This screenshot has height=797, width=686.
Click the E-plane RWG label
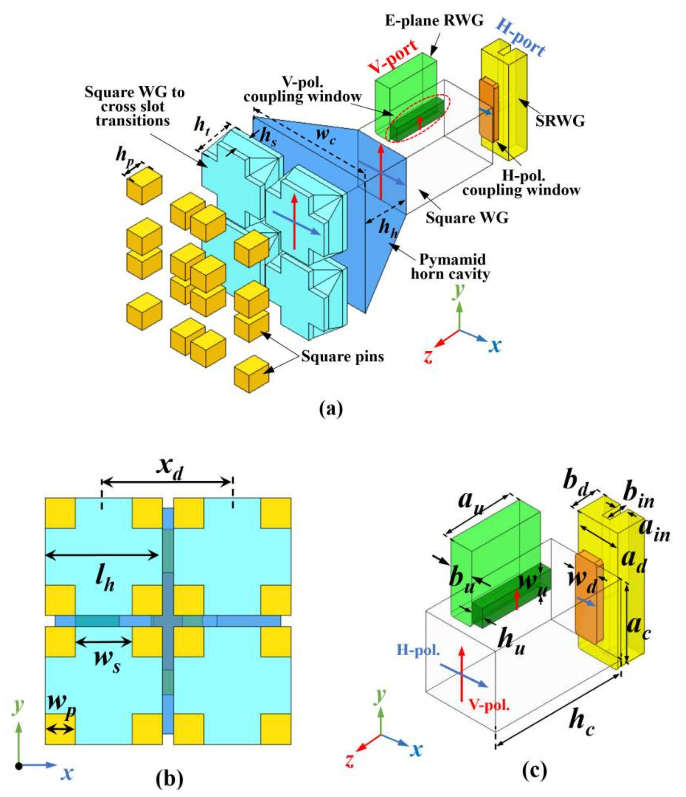click(x=434, y=21)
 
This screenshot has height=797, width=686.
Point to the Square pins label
click(x=342, y=356)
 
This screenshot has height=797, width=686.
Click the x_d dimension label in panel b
click(x=169, y=471)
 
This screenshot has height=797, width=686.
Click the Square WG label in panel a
click(x=467, y=218)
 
